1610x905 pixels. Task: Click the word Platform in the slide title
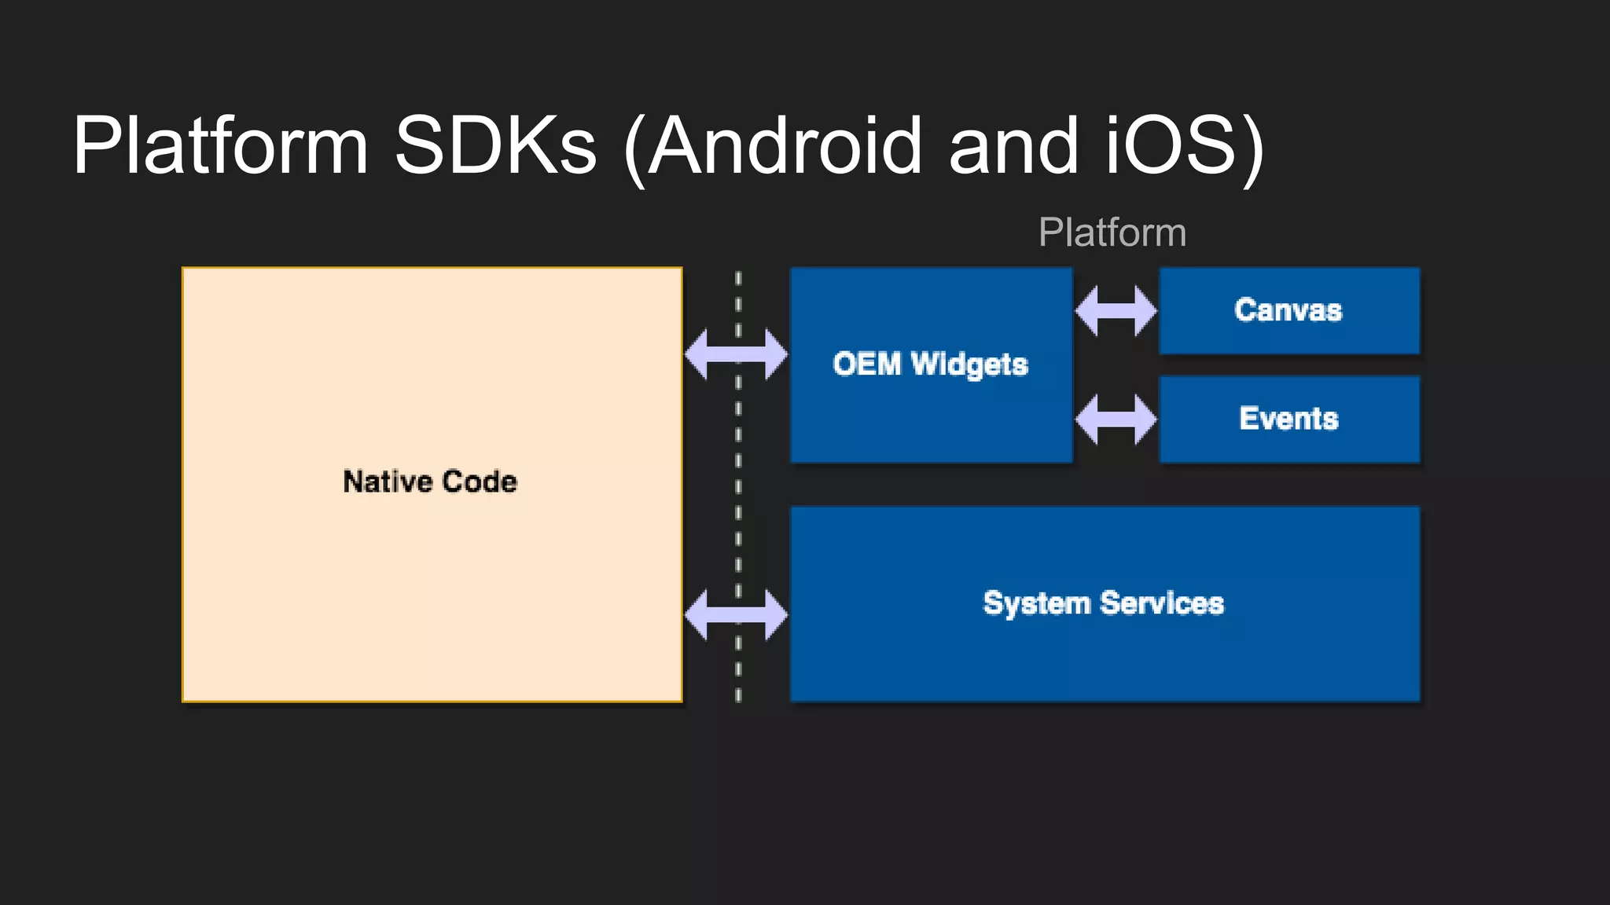tap(220, 146)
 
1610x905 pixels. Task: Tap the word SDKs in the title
tap(495, 146)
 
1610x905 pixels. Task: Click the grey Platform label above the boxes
tap(1112, 233)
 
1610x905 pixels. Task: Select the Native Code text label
tap(430, 482)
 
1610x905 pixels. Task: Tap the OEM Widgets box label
tap(931, 365)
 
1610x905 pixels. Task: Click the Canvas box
tap(1289, 310)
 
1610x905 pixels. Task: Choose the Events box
tap(1289, 419)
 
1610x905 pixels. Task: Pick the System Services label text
tap(1104, 603)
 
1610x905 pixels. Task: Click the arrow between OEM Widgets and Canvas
tap(1116, 311)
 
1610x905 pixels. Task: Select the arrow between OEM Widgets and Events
tap(1116, 420)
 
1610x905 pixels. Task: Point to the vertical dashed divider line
tap(737, 487)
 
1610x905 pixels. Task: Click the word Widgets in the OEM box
tap(969, 365)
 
